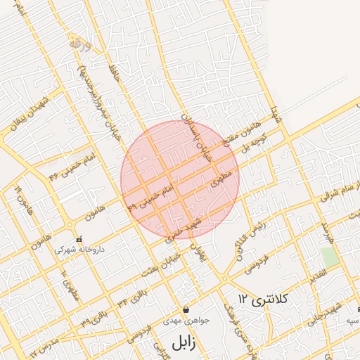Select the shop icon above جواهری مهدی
tap(185, 309)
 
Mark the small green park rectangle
tap(329, 257)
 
